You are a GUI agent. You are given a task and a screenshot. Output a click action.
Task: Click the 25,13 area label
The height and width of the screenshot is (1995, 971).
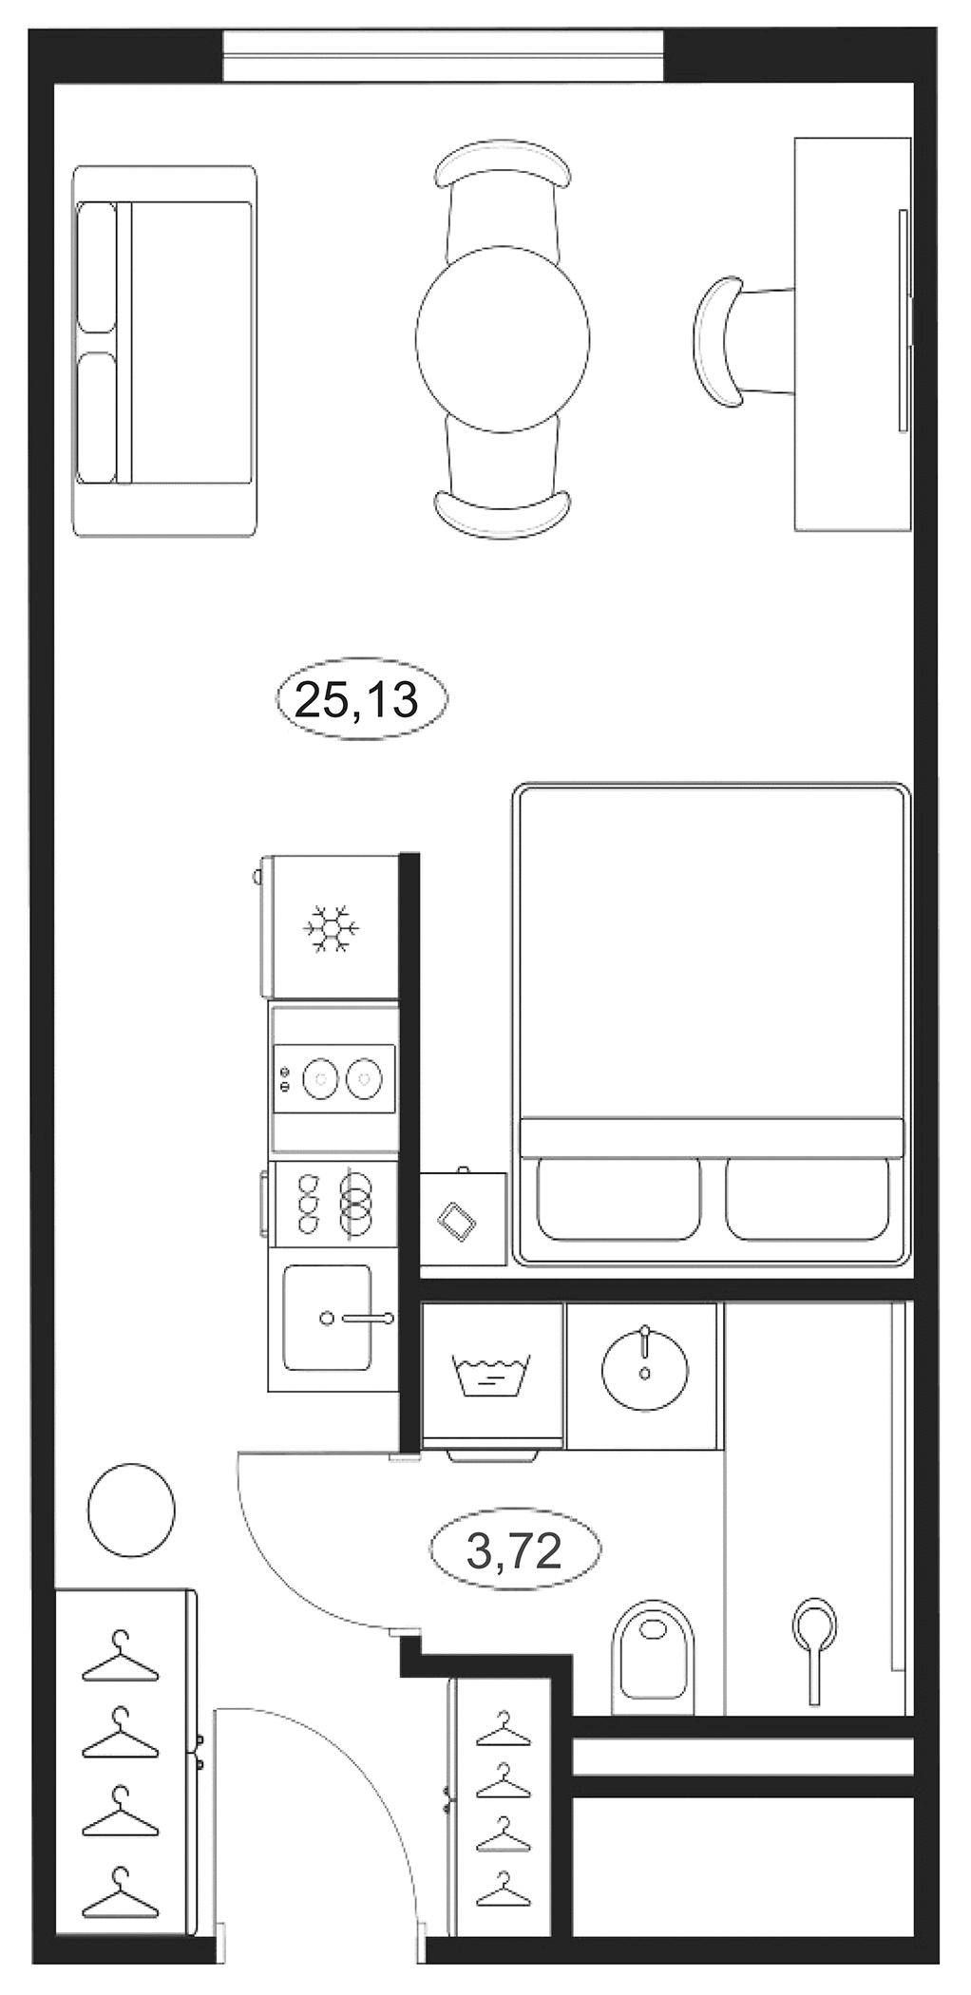pos(359,700)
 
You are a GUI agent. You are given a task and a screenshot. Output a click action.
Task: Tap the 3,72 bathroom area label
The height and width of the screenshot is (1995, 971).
pos(515,1552)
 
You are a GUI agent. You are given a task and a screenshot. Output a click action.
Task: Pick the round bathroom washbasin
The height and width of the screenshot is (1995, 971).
pos(643,1364)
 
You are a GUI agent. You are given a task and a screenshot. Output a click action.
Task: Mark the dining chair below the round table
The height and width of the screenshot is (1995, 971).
pos(503,484)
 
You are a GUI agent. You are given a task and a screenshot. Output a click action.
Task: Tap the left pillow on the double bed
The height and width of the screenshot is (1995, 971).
pos(619,1198)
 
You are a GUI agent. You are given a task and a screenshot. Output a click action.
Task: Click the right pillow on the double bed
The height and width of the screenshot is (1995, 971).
pos(809,1198)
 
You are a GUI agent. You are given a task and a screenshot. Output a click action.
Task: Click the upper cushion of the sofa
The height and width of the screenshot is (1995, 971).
pos(97,266)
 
